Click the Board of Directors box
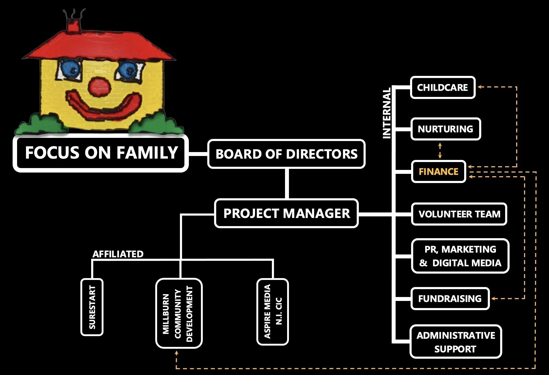[286, 154]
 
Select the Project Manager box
[286, 213]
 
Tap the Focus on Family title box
[101, 153]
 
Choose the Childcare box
[443, 87]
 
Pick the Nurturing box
[446, 129]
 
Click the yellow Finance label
[438, 171]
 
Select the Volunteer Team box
[459, 214]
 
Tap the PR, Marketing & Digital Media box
[460, 256]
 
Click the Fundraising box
[450, 299]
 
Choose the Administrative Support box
[456, 342]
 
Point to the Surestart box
[92, 307]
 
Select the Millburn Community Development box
[179, 313]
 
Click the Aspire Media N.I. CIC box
[273, 312]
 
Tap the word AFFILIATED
[118, 254]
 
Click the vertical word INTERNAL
[387, 113]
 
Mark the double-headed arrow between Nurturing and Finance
[440, 150]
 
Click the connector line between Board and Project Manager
[287, 184]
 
